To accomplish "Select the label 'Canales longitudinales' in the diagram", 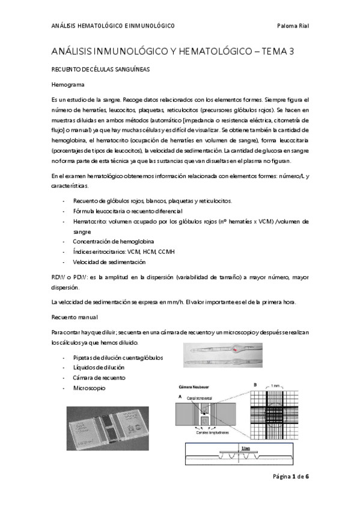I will point(211,432).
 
